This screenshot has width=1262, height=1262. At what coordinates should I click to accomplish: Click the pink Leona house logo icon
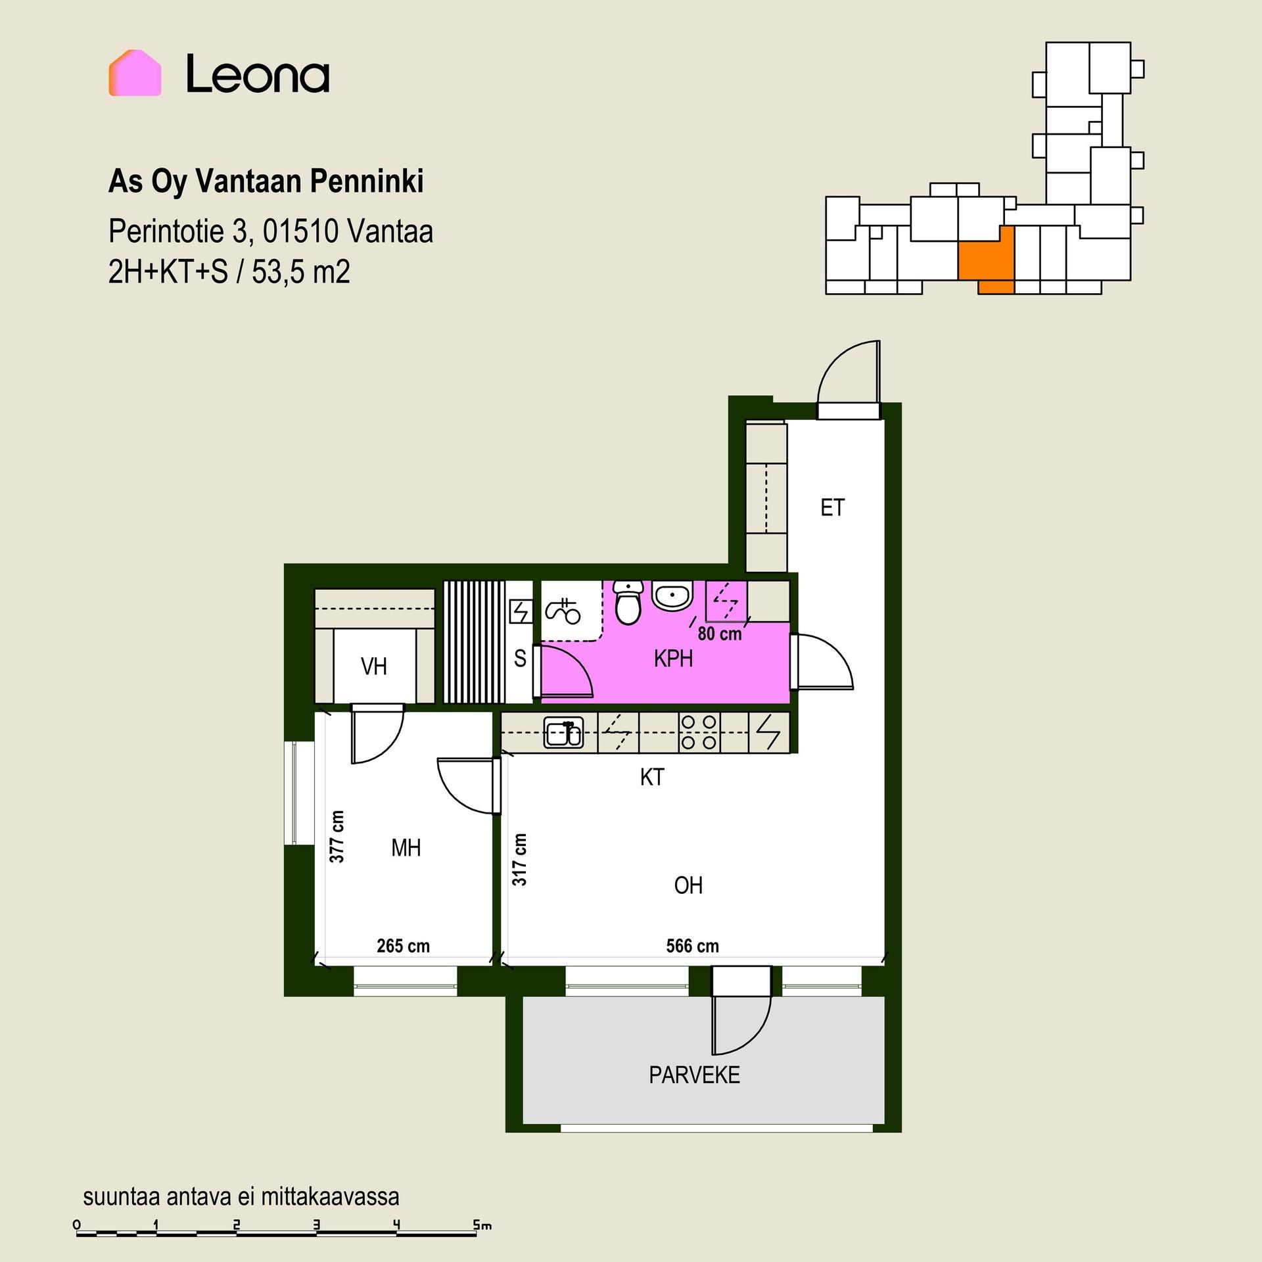[x=135, y=73]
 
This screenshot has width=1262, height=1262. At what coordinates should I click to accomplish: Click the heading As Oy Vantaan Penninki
[x=266, y=182]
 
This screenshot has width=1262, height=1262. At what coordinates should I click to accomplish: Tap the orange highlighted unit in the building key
[x=986, y=260]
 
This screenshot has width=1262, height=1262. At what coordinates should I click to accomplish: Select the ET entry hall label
[x=832, y=508]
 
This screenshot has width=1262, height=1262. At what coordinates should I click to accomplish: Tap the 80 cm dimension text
[x=720, y=634]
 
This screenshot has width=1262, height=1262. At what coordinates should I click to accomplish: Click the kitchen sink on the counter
[x=563, y=733]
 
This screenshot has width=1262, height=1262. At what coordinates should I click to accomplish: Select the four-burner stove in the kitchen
[x=699, y=733]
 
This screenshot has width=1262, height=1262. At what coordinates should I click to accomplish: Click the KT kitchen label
[x=652, y=778]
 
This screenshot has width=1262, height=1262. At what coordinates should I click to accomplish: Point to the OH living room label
[x=688, y=886]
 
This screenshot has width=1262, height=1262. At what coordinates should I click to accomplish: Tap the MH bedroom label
[x=406, y=849]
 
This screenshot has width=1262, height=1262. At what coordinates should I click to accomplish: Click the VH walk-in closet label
[x=374, y=667]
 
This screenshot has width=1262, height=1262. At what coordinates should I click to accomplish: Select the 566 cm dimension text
[x=692, y=946]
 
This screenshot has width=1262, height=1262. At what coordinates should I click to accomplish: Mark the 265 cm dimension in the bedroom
[x=403, y=946]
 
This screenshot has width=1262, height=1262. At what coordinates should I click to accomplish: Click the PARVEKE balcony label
[x=695, y=1075]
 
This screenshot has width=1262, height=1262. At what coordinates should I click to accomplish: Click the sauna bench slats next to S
[x=474, y=642]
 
